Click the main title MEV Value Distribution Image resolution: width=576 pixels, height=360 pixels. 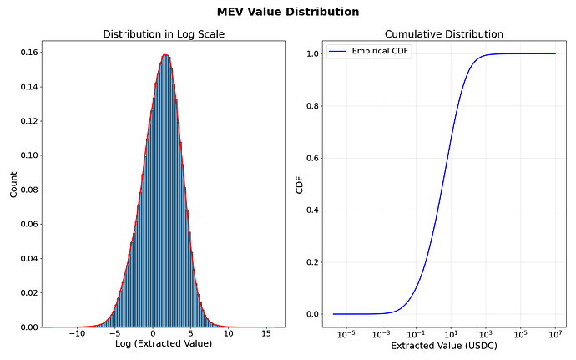(x=288, y=12)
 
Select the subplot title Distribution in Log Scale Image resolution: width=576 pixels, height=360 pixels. (x=163, y=34)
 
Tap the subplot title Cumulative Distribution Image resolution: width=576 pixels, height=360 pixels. (x=443, y=34)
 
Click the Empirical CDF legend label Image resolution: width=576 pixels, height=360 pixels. (x=376, y=52)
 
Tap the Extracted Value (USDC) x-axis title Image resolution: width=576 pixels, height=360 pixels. (x=443, y=345)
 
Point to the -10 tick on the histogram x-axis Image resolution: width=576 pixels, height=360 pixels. (x=76, y=333)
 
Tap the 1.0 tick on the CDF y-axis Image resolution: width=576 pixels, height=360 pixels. (x=311, y=54)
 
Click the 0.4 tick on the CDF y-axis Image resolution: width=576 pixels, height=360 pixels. (x=311, y=210)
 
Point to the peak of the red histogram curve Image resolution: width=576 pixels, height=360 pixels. (x=164, y=55)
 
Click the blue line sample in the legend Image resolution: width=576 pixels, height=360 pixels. (x=338, y=52)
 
